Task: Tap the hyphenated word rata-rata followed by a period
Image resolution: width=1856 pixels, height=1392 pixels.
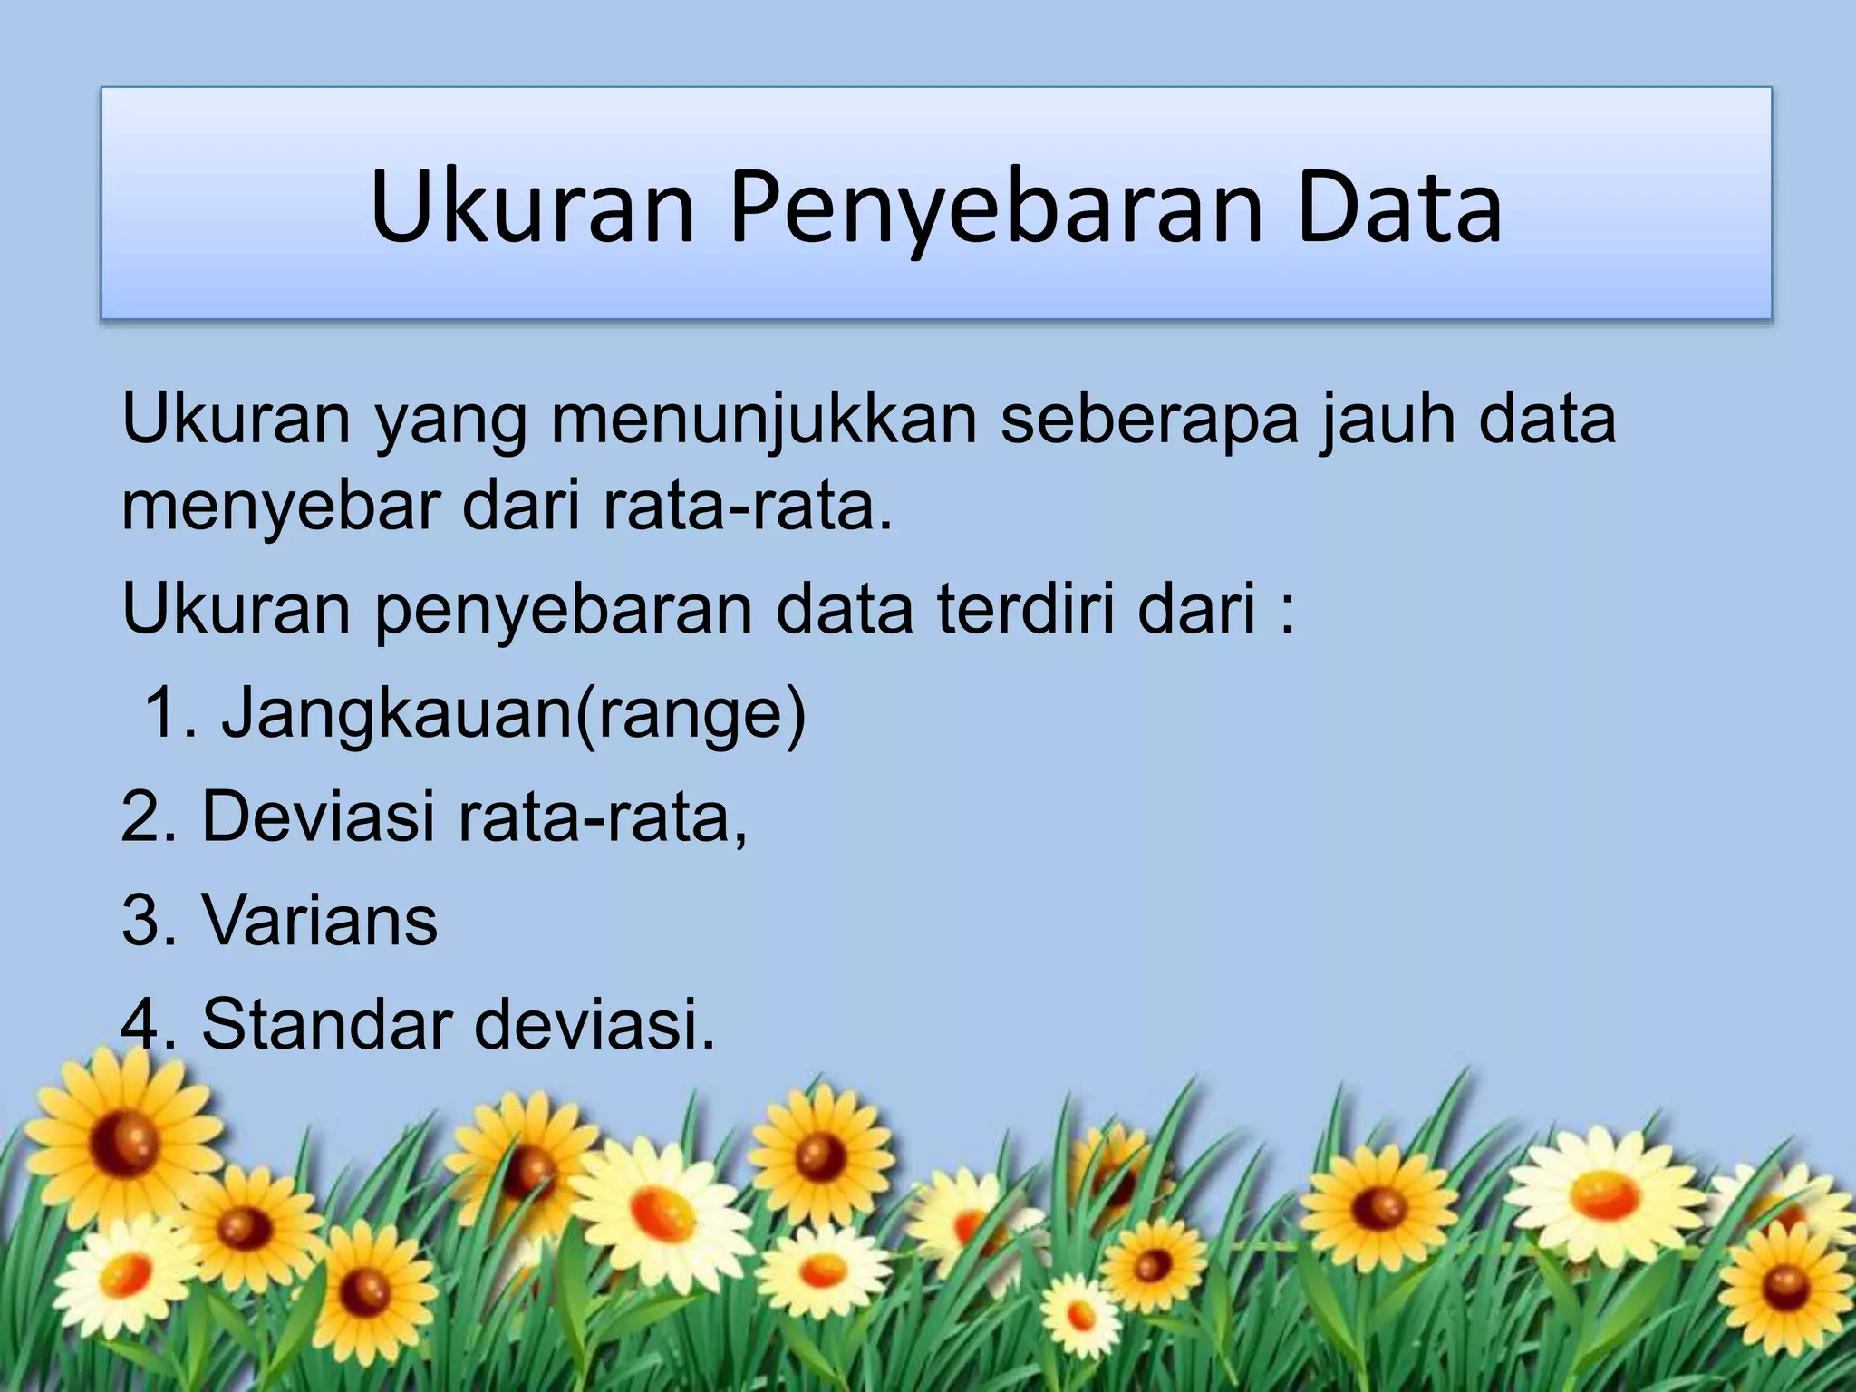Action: click(745, 507)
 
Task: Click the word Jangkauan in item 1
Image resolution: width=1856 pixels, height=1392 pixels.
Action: click(395, 714)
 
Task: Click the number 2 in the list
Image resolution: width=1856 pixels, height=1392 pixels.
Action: click(140, 817)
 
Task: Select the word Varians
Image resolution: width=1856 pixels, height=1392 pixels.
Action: click(320, 921)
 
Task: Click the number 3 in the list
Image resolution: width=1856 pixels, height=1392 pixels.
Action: click(140, 921)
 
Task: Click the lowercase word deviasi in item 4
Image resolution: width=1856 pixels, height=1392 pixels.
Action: click(594, 1024)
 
